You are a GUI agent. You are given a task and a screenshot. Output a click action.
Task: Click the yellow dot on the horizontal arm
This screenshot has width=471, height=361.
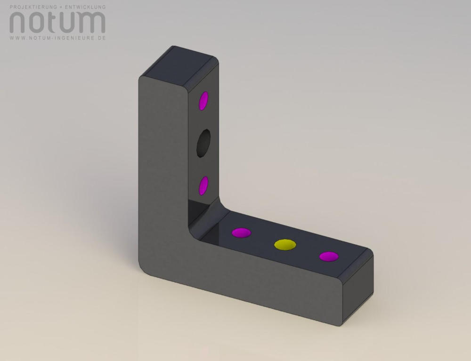pyautogui.click(x=285, y=244)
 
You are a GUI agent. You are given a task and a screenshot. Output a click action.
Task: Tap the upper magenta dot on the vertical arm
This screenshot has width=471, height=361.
pyautogui.click(x=203, y=101)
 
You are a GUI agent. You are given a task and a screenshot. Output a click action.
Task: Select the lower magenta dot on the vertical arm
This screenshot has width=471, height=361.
pyautogui.click(x=203, y=186)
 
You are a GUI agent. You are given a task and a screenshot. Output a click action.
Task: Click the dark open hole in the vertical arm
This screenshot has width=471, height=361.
pyautogui.click(x=203, y=143)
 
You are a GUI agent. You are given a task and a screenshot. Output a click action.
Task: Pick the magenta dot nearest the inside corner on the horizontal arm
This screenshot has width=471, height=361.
pyautogui.click(x=241, y=233)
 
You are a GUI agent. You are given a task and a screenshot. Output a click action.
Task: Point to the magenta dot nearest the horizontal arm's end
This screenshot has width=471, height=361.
pyautogui.click(x=329, y=257)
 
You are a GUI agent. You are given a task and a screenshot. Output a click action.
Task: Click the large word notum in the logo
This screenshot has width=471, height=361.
pyautogui.click(x=57, y=23)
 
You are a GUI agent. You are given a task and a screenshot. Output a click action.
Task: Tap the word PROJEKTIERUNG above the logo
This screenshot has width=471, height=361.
pyautogui.click(x=33, y=7)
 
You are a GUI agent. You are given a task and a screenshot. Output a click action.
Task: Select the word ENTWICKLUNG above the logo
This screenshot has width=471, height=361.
pyautogui.click(x=85, y=7)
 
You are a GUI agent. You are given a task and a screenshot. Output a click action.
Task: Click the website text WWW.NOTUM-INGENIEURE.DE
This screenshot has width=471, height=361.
pyautogui.click(x=57, y=38)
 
